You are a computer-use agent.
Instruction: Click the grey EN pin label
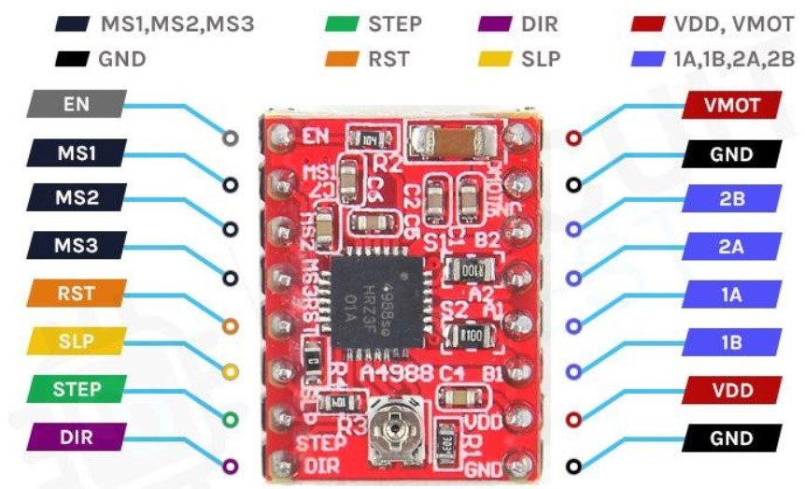(x=77, y=104)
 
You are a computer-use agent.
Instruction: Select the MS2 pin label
(x=77, y=198)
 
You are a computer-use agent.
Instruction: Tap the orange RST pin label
(x=77, y=293)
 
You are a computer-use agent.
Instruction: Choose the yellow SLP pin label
(x=77, y=340)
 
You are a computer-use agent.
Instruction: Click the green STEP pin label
(x=77, y=388)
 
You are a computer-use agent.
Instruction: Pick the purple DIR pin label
(x=77, y=436)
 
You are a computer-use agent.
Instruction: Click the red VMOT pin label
(x=731, y=105)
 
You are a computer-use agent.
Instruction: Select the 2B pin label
(x=731, y=199)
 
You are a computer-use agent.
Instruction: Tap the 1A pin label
(x=731, y=295)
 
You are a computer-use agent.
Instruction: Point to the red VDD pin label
(x=731, y=389)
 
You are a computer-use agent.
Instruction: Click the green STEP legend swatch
(x=339, y=23)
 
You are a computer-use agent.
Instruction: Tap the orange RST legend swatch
(x=339, y=58)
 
